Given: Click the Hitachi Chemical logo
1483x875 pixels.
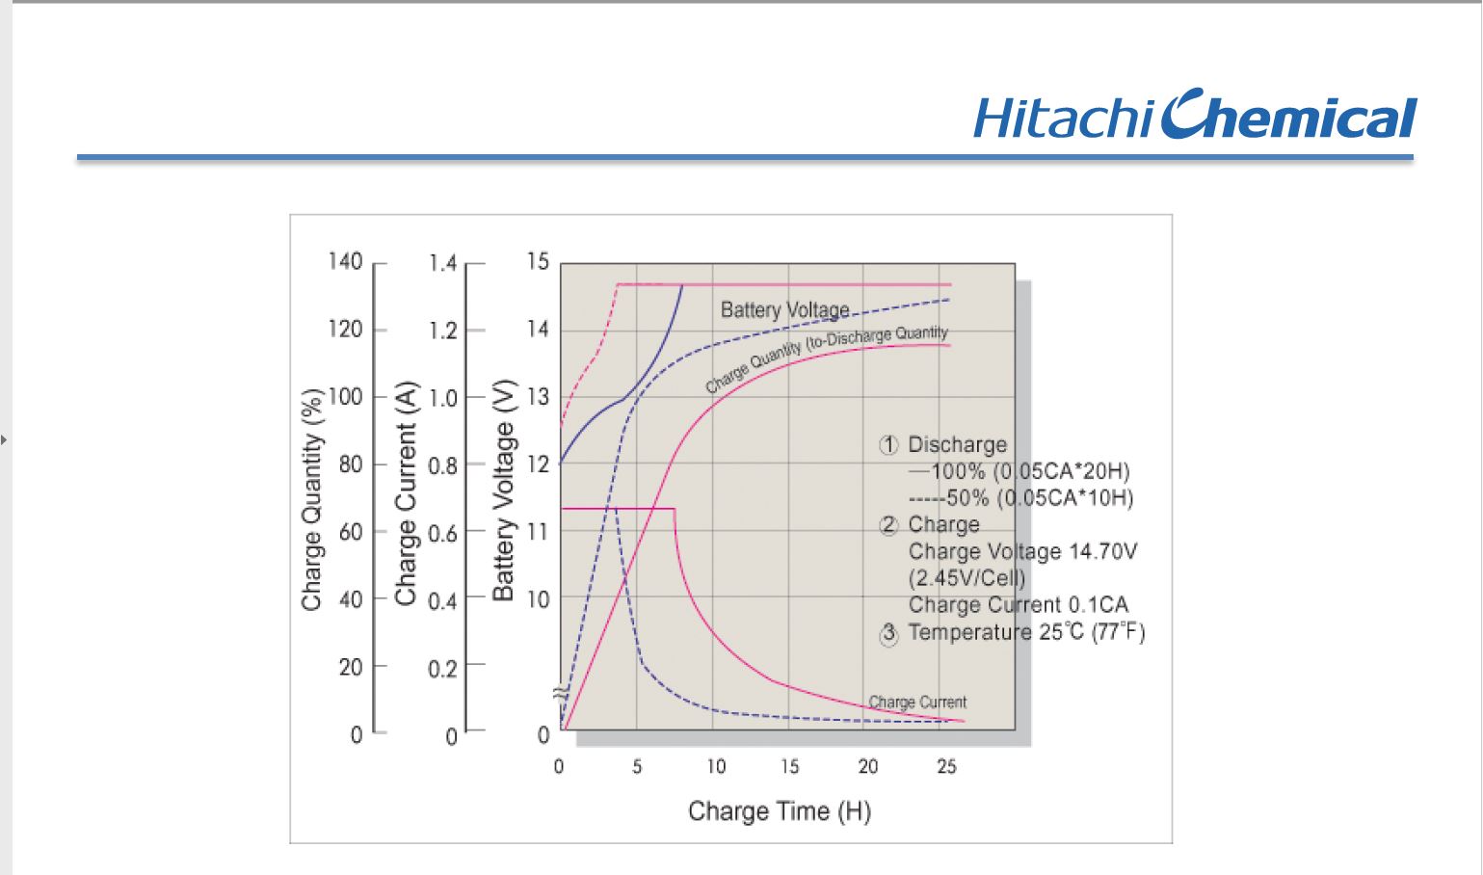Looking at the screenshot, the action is tap(1195, 114).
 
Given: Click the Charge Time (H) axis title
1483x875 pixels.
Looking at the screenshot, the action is tap(780, 810).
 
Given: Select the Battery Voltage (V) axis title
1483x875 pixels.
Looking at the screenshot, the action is tap(504, 491).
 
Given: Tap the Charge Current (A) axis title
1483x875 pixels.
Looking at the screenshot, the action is tap(406, 493).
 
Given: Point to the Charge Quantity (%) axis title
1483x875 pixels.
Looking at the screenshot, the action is tap(312, 500).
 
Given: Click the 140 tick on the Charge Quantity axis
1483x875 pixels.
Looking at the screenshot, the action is tap(346, 261).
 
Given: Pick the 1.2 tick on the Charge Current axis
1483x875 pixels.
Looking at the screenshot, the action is tap(443, 331).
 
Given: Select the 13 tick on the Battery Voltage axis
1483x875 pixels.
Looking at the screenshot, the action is tap(539, 397).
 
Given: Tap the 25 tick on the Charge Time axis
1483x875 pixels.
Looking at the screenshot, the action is tap(946, 766).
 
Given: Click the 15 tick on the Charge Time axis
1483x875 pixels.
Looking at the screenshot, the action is tap(789, 766).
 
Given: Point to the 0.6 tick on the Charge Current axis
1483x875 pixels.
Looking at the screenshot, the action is tap(443, 534).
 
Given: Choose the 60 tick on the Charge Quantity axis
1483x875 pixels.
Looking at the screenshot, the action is tap(351, 532).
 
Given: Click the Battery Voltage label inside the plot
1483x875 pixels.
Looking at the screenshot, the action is tap(784, 309).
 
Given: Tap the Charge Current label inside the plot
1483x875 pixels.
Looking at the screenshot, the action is tap(917, 702).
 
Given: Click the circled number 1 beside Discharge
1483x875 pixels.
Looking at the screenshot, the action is tap(888, 445).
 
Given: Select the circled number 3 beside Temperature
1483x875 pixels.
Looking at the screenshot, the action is tap(888, 633).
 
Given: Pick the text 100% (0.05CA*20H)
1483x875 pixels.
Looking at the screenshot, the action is tap(1030, 471).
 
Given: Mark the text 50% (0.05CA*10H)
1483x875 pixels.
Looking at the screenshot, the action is tap(1040, 498).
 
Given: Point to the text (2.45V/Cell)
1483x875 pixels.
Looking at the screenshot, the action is tap(967, 578).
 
